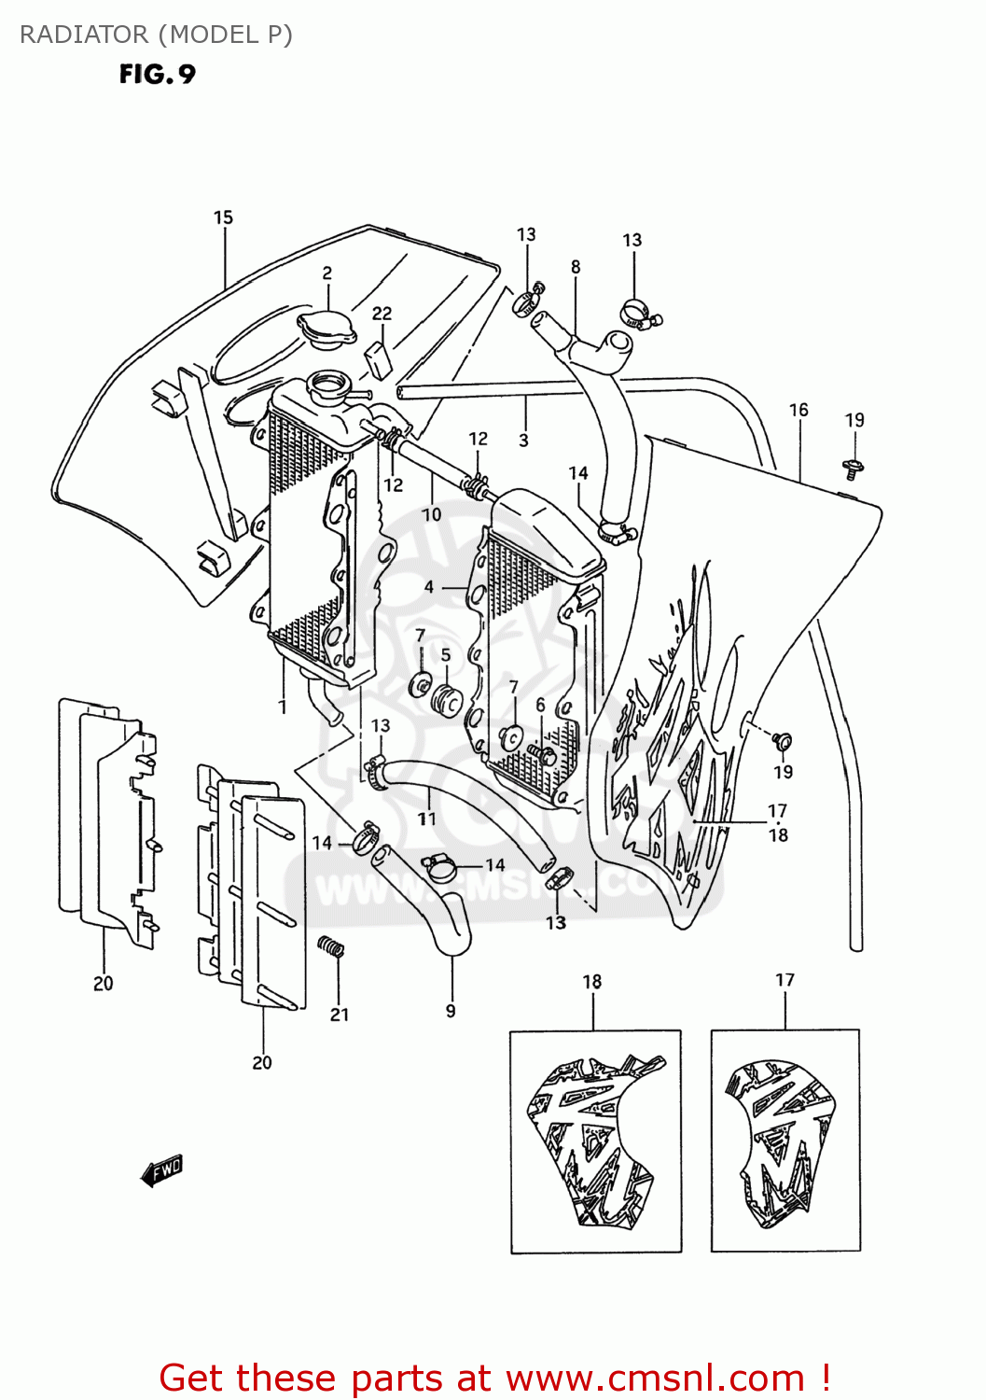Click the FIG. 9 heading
pos(157,75)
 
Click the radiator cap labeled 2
pos(326,329)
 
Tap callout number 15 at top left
pos(223,217)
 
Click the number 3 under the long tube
pos(523,440)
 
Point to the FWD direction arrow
pos(161,1170)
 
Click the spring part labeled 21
pos(331,946)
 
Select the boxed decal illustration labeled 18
pos(595,1141)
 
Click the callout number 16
pos(799,410)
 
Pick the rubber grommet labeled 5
pos(449,699)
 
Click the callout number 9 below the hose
pos(451,1011)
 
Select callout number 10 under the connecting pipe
pos(432,514)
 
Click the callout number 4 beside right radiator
pos(428,587)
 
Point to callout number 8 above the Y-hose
pos(576,267)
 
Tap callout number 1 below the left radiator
pos(283,707)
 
